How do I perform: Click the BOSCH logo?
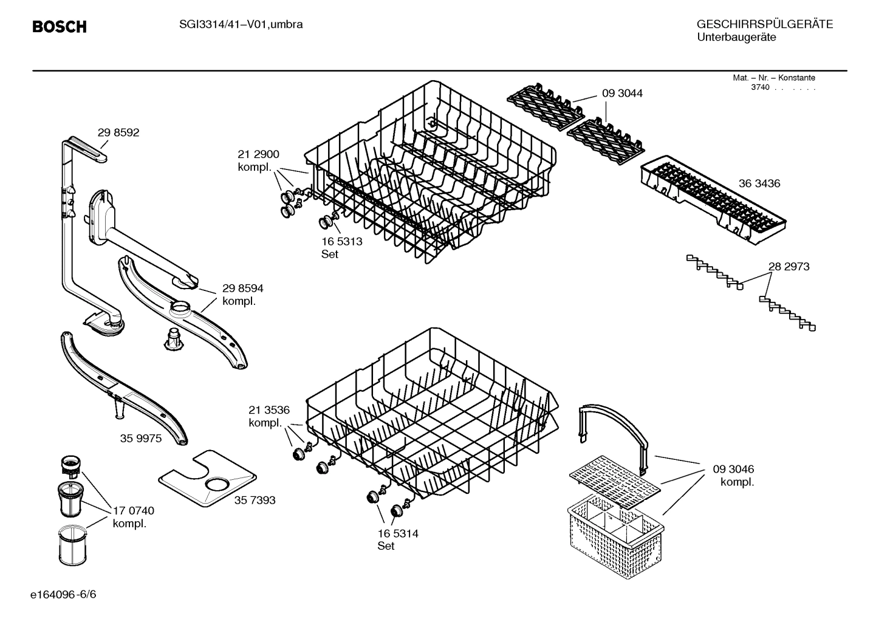(x=59, y=27)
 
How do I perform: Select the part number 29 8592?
(x=118, y=132)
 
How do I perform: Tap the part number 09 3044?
(x=622, y=93)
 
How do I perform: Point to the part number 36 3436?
(x=759, y=183)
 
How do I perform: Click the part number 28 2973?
(x=789, y=266)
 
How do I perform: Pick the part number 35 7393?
(x=255, y=500)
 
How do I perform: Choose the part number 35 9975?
(x=141, y=438)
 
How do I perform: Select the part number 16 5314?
(x=398, y=533)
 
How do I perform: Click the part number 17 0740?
(x=134, y=511)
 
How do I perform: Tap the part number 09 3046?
(x=733, y=469)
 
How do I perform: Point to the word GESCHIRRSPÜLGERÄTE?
(x=764, y=24)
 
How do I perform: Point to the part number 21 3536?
(x=269, y=409)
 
